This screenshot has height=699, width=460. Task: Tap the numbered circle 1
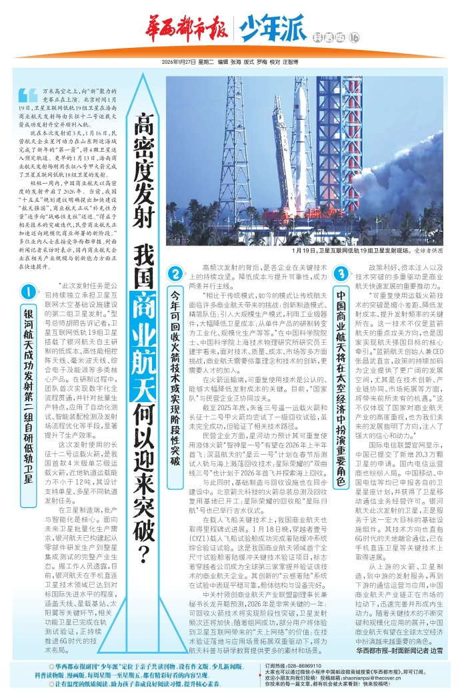[x=28, y=291]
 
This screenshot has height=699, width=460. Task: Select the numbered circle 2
[x=175, y=274]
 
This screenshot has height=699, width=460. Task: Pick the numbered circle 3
[x=341, y=274]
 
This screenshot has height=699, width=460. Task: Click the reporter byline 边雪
[x=437, y=648]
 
